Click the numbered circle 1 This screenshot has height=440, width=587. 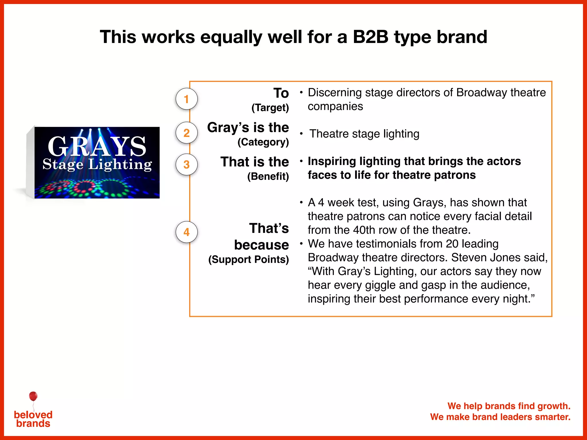pos(186,99)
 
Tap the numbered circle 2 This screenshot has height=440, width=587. pos(186,133)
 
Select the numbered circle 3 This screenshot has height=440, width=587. pos(186,164)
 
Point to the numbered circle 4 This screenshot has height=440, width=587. pos(186,232)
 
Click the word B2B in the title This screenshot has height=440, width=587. pos(370,37)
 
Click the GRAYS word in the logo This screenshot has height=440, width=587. pos(97,146)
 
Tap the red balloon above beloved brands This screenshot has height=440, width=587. pos(33,396)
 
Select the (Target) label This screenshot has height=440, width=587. pos(270,108)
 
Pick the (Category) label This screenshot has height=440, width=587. pos(263,142)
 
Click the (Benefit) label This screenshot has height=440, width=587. pos(268,176)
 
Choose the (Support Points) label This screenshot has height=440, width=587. pos(249,260)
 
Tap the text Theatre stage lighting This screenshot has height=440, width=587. pos(364,134)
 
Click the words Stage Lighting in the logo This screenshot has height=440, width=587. pos(97,164)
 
